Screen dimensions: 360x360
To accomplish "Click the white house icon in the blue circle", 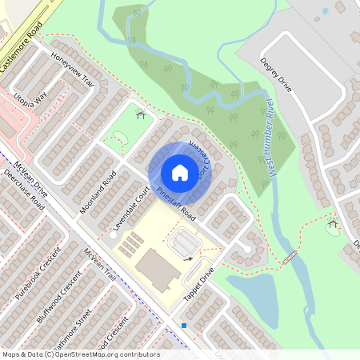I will (180, 172).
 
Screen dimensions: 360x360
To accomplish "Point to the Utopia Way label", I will (30, 103).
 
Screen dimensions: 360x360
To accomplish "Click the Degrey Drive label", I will (276, 74).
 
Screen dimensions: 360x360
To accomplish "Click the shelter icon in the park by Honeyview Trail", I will (141, 114).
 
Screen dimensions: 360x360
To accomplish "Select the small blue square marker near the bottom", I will (184, 326).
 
